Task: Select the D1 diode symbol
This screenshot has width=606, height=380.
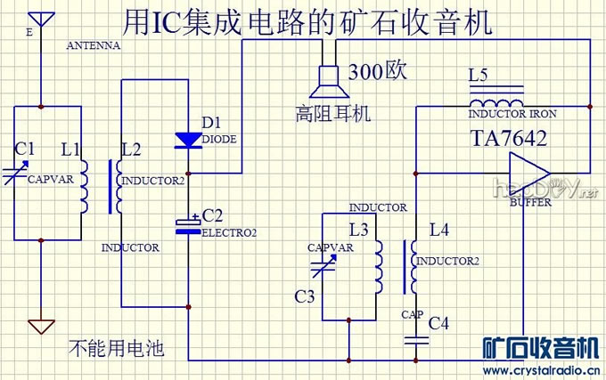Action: point(188,139)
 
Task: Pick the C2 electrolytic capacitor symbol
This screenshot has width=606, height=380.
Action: point(188,226)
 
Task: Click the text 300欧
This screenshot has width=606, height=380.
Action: point(378,71)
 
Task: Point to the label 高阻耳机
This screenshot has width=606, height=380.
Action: point(334,114)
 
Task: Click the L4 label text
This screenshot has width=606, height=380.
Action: point(439,230)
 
